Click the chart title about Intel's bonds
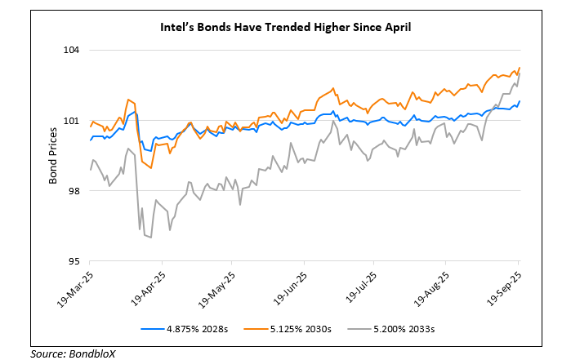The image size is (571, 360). [284, 27]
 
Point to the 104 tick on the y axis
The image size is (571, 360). [73, 51]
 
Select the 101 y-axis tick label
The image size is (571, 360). [73, 122]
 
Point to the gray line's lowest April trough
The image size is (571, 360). [151, 238]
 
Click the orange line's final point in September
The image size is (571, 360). [520, 68]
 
